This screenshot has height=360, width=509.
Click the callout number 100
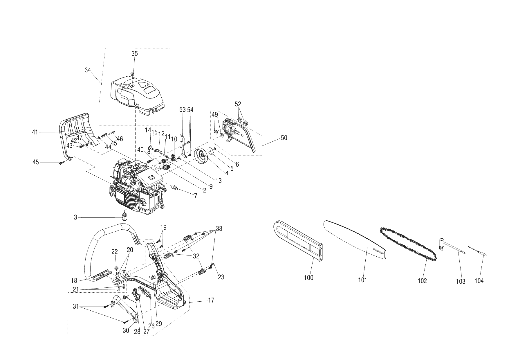[308, 278]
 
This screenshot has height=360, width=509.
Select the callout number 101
[362, 280]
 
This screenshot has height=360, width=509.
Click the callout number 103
[461, 281]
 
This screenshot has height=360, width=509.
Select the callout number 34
[88, 70]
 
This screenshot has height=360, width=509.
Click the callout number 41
[35, 132]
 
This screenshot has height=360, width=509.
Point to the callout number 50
[284, 138]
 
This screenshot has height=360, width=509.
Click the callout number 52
[238, 104]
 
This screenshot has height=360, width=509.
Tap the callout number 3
[75, 217]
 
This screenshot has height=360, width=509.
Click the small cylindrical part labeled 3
[124, 216]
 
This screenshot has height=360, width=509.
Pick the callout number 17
[211, 300]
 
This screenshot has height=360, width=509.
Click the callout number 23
[221, 277]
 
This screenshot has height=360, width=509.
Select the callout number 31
[76, 306]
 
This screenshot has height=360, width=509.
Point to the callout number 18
[74, 281]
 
